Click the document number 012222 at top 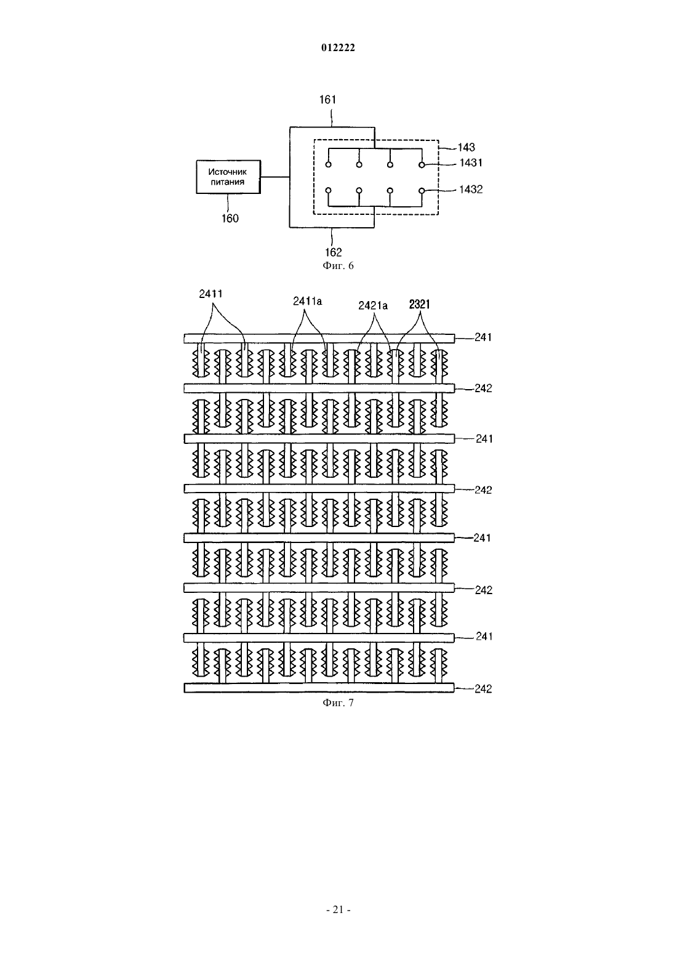pyautogui.click(x=338, y=47)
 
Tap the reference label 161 pyautogui.click(x=328, y=100)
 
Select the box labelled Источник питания pyautogui.click(x=228, y=177)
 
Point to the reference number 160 pyautogui.click(x=230, y=219)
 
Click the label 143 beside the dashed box pyautogui.click(x=467, y=148)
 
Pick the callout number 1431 pyautogui.click(x=471, y=163)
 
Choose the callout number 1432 pyautogui.click(x=471, y=190)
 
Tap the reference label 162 pyautogui.click(x=334, y=252)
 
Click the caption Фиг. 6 pyautogui.click(x=338, y=266)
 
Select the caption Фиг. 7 pyautogui.click(x=338, y=702)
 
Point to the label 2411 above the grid pyautogui.click(x=210, y=294)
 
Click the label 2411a pyautogui.click(x=307, y=301)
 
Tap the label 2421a pyautogui.click(x=373, y=305)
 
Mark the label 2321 pyautogui.click(x=419, y=305)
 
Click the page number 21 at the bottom pyautogui.click(x=338, y=910)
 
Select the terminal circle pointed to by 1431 pyautogui.click(x=422, y=164)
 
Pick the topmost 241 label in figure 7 pyautogui.click(x=483, y=337)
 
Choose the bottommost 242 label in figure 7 pyautogui.click(x=483, y=689)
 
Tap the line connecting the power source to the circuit pyautogui.click(x=275, y=177)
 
